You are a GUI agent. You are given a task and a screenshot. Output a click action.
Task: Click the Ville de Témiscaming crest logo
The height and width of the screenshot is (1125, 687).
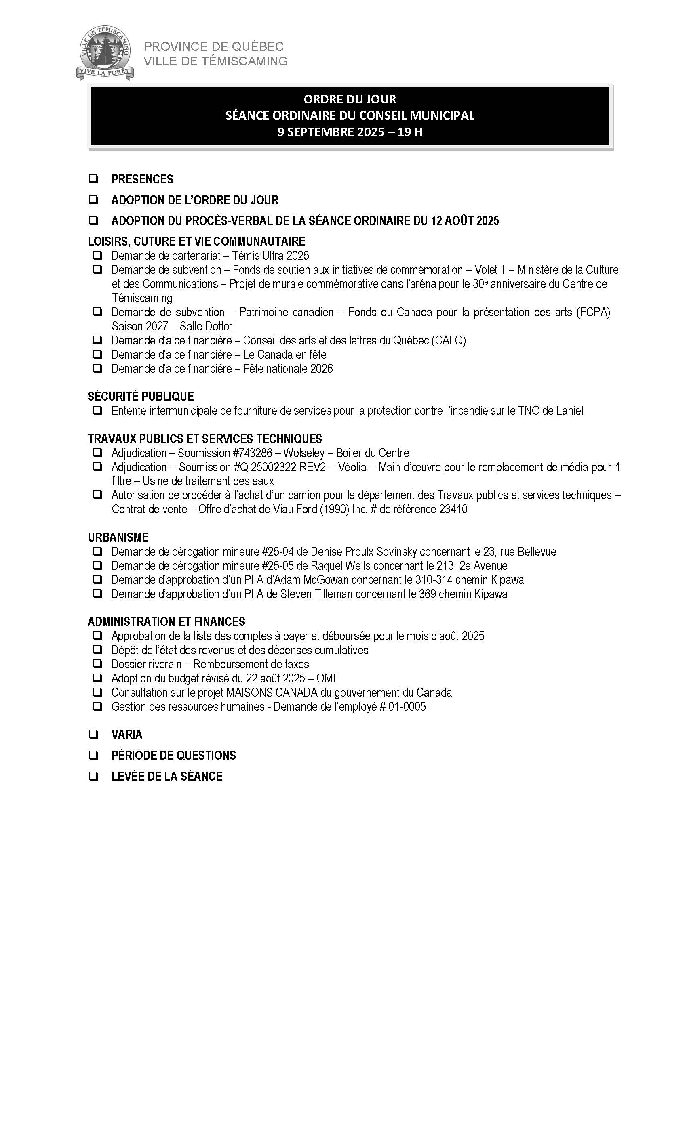pyautogui.click(x=105, y=53)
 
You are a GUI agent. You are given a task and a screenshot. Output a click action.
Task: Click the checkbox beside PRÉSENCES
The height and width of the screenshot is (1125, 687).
pyautogui.click(x=94, y=179)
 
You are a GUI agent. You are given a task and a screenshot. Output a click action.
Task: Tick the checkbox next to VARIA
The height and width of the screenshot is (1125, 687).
pyautogui.click(x=94, y=734)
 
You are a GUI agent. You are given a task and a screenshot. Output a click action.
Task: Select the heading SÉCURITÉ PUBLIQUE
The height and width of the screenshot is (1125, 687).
pyautogui.click(x=141, y=396)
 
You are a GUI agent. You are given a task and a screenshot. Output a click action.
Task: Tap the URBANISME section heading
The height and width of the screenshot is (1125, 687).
pyautogui.click(x=118, y=537)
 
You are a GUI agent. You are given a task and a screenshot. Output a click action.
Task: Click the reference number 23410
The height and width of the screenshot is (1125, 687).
pyautogui.click(x=453, y=509)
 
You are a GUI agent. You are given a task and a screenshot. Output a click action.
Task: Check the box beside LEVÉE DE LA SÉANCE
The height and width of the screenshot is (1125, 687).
pyautogui.click(x=94, y=776)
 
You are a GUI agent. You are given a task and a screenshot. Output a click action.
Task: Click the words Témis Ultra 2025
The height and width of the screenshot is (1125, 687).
pyautogui.click(x=270, y=256)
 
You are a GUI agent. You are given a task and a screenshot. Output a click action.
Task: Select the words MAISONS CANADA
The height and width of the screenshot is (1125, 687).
pyautogui.click(x=272, y=693)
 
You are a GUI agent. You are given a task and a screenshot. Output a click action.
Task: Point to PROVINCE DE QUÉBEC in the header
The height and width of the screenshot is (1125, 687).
pyautogui.click(x=214, y=46)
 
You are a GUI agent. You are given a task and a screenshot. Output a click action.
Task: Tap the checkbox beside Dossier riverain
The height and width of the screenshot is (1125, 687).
pyautogui.click(x=97, y=664)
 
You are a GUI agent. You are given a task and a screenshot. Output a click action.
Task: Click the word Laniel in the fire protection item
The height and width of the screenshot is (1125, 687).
pyautogui.click(x=570, y=411)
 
